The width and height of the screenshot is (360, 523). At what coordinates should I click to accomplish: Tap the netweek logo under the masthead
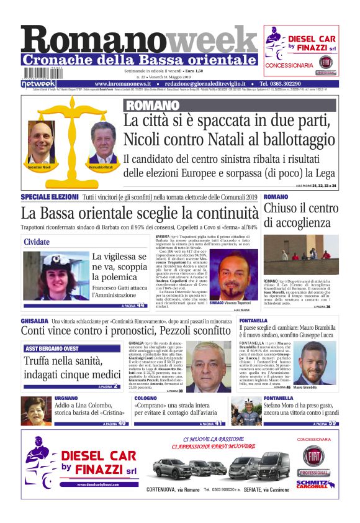[38, 83]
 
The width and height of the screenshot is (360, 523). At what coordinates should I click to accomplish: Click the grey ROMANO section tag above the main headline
[144, 105]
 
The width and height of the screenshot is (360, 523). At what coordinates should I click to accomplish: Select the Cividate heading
[37, 242]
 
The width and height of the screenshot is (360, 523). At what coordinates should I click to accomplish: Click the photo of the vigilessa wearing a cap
[55, 275]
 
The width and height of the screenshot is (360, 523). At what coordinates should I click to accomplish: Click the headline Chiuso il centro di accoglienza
[301, 216]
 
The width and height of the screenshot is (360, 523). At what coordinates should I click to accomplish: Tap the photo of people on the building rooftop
[301, 255]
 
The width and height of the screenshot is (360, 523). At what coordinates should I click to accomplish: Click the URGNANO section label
[66, 398]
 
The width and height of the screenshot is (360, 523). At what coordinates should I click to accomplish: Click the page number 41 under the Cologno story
[217, 423]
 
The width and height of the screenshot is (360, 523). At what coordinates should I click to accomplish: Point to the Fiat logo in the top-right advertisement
[325, 62]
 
